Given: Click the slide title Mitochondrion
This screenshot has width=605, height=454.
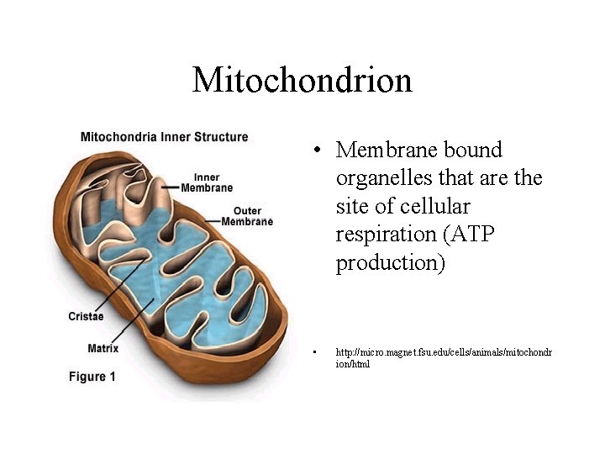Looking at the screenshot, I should coord(302,81).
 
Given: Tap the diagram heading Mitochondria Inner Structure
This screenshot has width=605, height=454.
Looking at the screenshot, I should coord(164,136).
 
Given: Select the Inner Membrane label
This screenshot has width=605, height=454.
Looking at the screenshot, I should coord(207,182).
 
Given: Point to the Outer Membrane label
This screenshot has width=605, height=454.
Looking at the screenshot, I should coord(247,216).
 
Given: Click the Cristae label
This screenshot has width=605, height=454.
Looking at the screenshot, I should coord(86,316).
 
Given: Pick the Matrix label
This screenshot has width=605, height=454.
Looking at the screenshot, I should coord(103,348).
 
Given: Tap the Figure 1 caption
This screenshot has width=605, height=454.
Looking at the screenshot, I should coord(92,377).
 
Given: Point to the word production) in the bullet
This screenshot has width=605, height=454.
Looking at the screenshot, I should coord(390,264).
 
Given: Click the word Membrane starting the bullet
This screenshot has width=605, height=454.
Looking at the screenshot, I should coord(385,150).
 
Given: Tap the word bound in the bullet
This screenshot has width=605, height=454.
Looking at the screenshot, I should coord(472,150).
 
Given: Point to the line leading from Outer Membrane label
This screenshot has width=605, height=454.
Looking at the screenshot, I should coord(213,221).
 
